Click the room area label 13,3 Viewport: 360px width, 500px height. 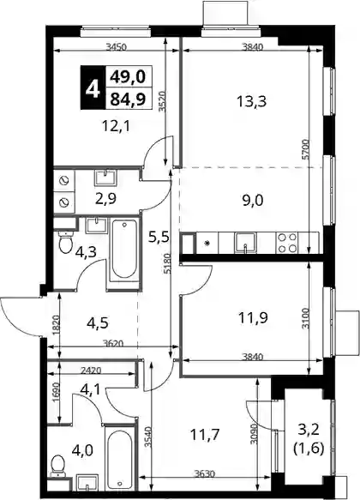click(x=251, y=102)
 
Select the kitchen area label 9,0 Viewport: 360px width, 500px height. click(x=252, y=201)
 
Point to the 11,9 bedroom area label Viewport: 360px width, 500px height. click(x=253, y=317)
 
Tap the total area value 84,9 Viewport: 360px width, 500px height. click(x=128, y=99)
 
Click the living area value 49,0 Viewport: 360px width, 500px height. click(x=128, y=76)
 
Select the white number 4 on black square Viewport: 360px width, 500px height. click(x=93, y=88)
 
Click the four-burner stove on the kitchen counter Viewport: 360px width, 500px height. click(x=287, y=243)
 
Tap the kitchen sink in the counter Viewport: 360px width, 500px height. click(x=244, y=243)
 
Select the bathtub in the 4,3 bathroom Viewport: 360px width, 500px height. click(x=124, y=250)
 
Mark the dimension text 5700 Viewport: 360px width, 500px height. click(x=305, y=149)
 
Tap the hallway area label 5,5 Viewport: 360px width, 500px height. click(x=159, y=237)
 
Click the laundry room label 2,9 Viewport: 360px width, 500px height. click(x=106, y=198)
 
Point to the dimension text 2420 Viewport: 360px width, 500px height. click(x=91, y=370)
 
